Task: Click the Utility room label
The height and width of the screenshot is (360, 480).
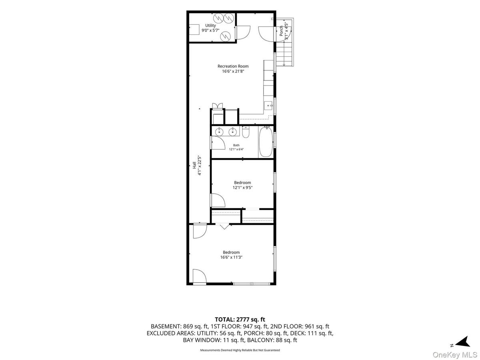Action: pos(210,26)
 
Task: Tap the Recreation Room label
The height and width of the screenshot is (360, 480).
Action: pos(233,66)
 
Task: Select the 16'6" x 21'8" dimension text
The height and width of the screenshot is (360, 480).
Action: pos(233,71)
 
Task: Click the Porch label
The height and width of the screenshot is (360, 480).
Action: pos(281,31)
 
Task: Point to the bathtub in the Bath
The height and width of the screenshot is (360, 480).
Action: pos(266,142)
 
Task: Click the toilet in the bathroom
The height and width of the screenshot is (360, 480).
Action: pos(246,132)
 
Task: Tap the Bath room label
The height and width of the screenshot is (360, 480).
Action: pos(236,145)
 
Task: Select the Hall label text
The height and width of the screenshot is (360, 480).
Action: pos(194,165)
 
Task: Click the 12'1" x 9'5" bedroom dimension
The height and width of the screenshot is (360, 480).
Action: pos(242,187)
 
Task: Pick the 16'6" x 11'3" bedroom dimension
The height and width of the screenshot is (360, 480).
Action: pos(231,257)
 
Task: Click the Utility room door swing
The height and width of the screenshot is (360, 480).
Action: pos(243,32)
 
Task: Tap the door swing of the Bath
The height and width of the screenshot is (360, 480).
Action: pos(218,143)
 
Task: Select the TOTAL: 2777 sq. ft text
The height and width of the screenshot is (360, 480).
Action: pos(240,320)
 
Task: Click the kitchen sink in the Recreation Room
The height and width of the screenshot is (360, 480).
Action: pos(268,106)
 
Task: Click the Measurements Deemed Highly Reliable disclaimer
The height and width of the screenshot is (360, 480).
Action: pos(240,350)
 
